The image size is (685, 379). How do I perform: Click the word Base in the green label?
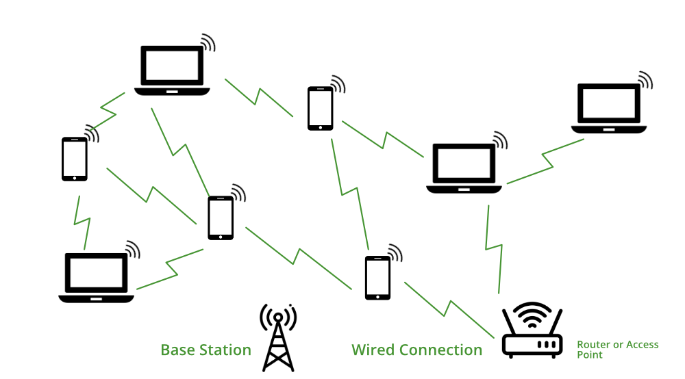pos(177,350)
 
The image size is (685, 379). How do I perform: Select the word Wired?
pos(374,350)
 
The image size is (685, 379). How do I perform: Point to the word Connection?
pos(441,350)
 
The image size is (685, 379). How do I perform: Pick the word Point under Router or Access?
pos(590,355)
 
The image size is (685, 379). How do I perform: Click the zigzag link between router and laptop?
pos(494,246)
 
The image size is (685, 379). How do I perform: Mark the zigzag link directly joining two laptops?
pos(546,161)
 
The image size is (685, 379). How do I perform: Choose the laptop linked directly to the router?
pos(464,168)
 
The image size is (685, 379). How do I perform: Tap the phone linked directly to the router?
pos(377,278)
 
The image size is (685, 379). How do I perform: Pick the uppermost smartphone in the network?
pos(320,108)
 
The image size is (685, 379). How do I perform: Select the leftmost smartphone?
pos(75,159)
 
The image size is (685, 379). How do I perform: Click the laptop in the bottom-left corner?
pos(97,277)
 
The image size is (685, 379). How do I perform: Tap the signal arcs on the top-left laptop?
pos(206,44)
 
